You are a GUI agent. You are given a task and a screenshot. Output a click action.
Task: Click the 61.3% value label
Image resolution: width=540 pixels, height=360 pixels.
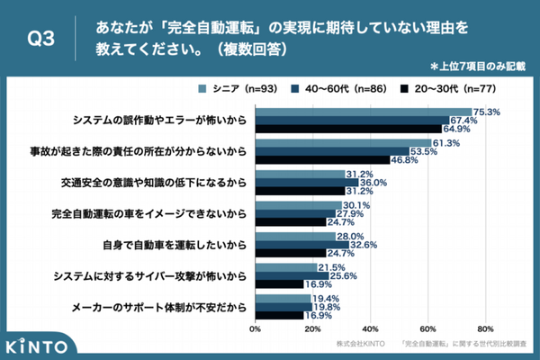point(446,143)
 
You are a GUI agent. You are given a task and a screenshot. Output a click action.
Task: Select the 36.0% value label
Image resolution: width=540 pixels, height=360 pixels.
point(373,183)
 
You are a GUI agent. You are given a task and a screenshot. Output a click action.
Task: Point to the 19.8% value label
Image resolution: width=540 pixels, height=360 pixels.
point(327,307)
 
